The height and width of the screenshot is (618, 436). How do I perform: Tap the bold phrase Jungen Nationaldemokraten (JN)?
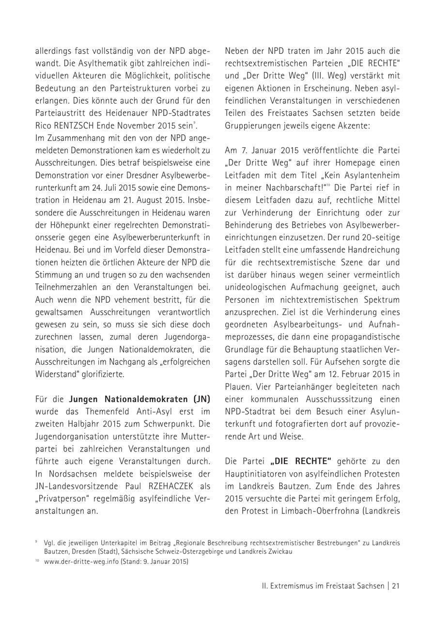(140, 399)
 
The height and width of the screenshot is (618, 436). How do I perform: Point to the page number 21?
(395, 586)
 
